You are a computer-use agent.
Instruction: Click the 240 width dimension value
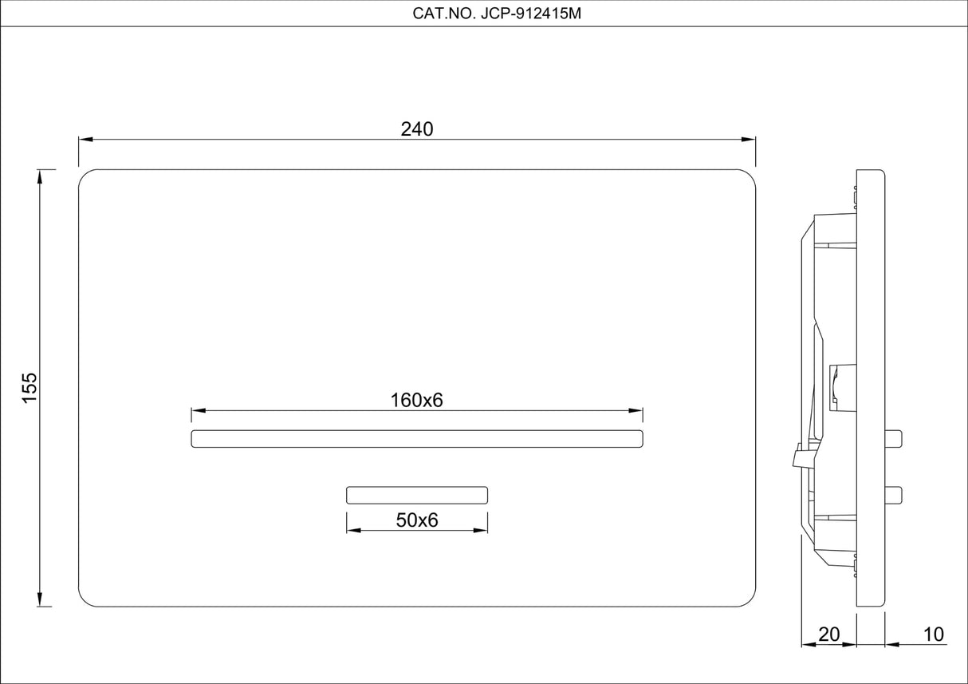click(x=417, y=129)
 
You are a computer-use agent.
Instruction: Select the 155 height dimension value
click(x=30, y=388)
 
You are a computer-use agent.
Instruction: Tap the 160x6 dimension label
click(x=416, y=401)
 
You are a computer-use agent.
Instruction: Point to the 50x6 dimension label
click(x=417, y=520)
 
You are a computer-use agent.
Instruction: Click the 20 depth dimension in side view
click(x=829, y=635)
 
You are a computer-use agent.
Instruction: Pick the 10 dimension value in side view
click(x=933, y=635)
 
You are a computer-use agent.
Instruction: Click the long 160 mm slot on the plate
click(x=417, y=438)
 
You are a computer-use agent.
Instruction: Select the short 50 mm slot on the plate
click(x=417, y=495)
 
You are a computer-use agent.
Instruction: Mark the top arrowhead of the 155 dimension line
click(x=40, y=176)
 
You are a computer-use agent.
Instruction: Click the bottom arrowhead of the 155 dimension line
click(x=40, y=600)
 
